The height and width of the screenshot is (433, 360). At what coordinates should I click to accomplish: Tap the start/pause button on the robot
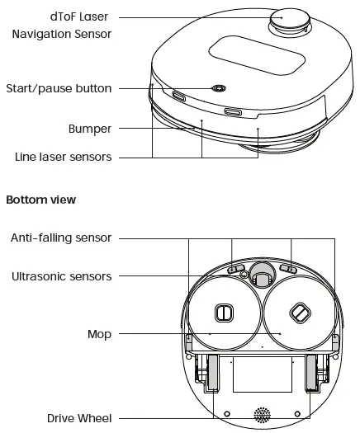[x=219, y=88]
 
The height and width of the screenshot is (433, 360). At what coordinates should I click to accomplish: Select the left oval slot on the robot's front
[x=179, y=96]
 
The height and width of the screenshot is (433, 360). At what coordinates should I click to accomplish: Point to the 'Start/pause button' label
[x=59, y=88]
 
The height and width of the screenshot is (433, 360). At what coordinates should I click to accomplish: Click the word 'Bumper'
[x=90, y=129]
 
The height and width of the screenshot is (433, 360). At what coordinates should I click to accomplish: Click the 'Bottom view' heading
[x=41, y=200]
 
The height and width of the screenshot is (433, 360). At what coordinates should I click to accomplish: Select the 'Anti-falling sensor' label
[x=61, y=238]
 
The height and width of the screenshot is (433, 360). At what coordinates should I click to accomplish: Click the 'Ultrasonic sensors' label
[x=61, y=276]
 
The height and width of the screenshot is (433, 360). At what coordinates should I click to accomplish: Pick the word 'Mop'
[x=99, y=334]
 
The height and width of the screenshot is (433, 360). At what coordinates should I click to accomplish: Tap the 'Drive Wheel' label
[x=79, y=418]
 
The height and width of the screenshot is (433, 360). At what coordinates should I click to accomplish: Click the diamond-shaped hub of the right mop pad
[x=298, y=312]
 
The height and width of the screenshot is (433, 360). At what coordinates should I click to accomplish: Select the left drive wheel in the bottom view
[x=212, y=373]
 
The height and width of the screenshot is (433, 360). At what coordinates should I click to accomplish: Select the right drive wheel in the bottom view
[x=313, y=373]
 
